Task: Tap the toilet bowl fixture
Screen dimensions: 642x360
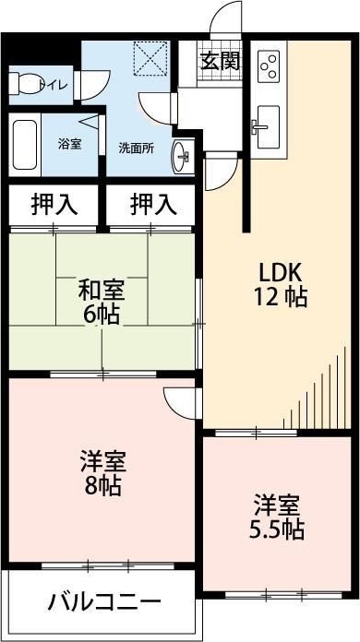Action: coord(26,85)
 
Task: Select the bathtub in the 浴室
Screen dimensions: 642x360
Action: coord(25,145)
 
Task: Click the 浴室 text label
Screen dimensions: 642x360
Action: coord(69,145)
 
